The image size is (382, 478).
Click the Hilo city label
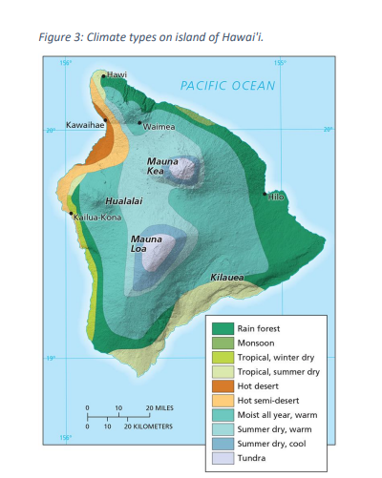pos(277,196)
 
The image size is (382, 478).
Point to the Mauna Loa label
pos(145,243)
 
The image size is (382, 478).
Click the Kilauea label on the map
pos(226,278)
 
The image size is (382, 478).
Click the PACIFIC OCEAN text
pos(227,86)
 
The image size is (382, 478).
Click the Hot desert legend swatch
pos(222,385)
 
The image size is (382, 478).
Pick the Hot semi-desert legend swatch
pos(222,400)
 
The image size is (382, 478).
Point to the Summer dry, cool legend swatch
pos(222,444)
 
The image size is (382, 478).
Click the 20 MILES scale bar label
pos(159,407)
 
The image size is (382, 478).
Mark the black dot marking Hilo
pos(265,194)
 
